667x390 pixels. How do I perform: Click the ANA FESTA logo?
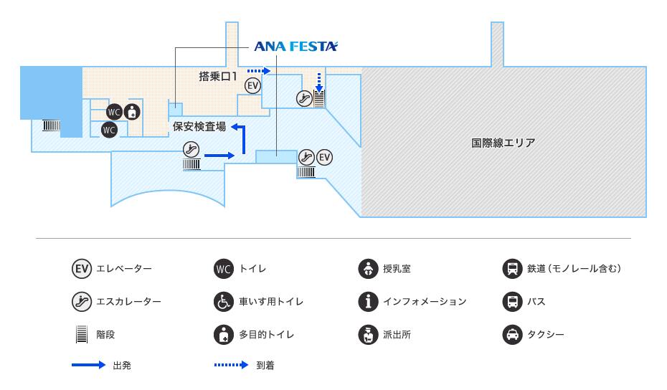pos(295,47)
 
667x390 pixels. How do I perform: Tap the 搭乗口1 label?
pos(218,75)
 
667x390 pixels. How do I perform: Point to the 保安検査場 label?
pos(199,127)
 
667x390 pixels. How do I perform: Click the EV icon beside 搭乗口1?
pos(252,85)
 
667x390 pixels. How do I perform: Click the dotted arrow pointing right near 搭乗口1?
pos(257,71)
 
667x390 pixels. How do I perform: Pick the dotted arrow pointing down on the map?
pos(319,83)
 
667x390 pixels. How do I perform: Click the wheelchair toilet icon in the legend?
pos(224,302)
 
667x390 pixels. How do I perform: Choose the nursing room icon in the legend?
pos(367,269)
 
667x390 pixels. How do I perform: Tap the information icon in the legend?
pos(367,302)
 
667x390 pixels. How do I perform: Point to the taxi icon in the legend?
pos(511,335)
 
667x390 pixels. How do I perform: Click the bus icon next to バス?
pos(511,302)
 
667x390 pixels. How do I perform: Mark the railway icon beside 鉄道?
pos(511,269)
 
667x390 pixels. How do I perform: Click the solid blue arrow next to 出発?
pos(88,366)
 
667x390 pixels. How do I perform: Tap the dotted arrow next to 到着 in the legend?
pos(232,366)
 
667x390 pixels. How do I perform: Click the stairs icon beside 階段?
pos(81,335)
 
